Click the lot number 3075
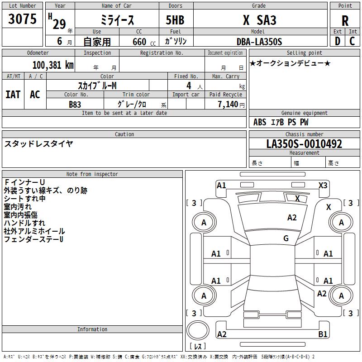click(x=22, y=19)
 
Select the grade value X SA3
click(x=259, y=20)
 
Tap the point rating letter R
click(x=345, y=21)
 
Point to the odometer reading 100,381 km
click(x=53, y=65)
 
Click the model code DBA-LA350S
click(x=259, y=42)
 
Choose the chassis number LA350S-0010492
click(x=304, y=144)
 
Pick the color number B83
click(x=75, y=105)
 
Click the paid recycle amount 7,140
click(x=228, y=105)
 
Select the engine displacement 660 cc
click(x=144, y=42)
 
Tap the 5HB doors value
click(x=175, y=20)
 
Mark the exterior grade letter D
click(x=337, y=41)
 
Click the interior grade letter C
click(x=352, y=41)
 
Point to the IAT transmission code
click(x=13, y=95)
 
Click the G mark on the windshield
click(x=286, y=238)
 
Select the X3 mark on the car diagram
click(x=323, y=186)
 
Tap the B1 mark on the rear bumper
click(x=323, y=334)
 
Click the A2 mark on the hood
click(x=292, y=218)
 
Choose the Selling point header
click(x=304, y=53)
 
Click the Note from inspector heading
click(x=92, y=174)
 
